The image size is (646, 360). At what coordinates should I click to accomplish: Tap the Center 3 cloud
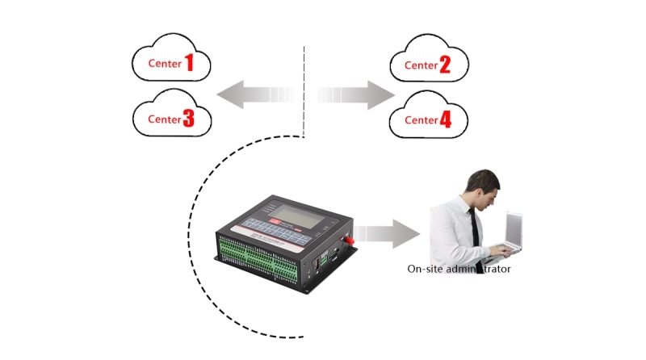coord(171,118)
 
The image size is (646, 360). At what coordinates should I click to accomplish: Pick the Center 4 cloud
coord(427,119)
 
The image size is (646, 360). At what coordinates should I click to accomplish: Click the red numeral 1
coord(189,62)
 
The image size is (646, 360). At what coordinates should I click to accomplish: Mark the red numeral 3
coord(188,119)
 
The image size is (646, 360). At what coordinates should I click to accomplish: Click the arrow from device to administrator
coord(392,234)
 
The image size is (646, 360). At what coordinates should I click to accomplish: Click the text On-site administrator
coord(459,270)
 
